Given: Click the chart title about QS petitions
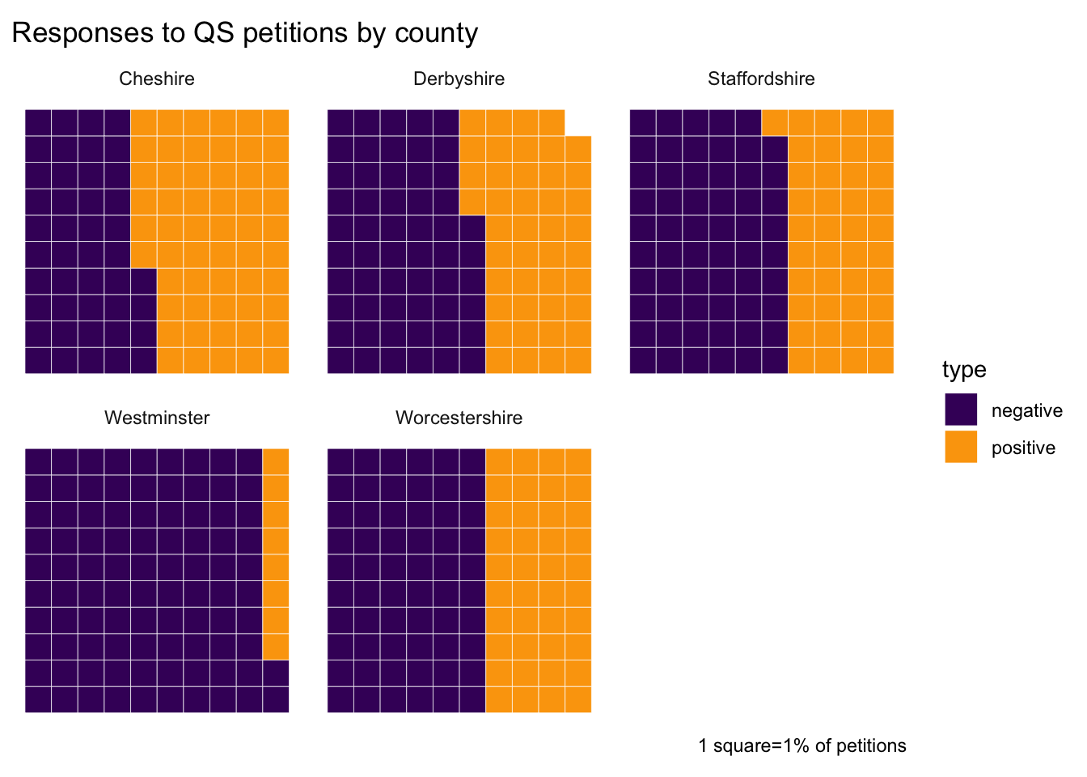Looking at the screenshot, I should tap(245, 33).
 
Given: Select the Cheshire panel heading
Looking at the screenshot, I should tap(157, 79).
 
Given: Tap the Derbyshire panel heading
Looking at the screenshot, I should tap(459, 79).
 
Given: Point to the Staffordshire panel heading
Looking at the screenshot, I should tap(761, 79).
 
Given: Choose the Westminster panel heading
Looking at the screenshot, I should tap(157, 418).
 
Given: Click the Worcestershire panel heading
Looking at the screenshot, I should tap(459, 418).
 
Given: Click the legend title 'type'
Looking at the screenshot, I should tap(964, 370).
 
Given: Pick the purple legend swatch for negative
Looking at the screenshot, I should tap(961, 410).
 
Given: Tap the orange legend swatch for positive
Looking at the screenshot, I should tap(961, 447).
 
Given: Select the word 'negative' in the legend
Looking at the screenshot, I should tap(1026, 411).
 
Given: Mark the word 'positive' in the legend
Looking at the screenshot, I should tap(1023, 448).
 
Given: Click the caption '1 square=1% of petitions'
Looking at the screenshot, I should tap(802, 745).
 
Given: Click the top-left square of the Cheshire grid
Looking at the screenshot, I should tap(38, 122).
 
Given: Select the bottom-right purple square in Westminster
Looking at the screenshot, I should tap(276, 699).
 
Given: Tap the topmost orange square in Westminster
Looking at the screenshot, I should tap(276, 461).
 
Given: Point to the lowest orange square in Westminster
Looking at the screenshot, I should tap(276, 647).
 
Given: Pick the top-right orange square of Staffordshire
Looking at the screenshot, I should tap(881, 122).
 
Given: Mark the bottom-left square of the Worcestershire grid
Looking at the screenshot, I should tap(340, 699).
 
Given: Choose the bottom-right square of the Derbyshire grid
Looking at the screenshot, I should tap(578, 360).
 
